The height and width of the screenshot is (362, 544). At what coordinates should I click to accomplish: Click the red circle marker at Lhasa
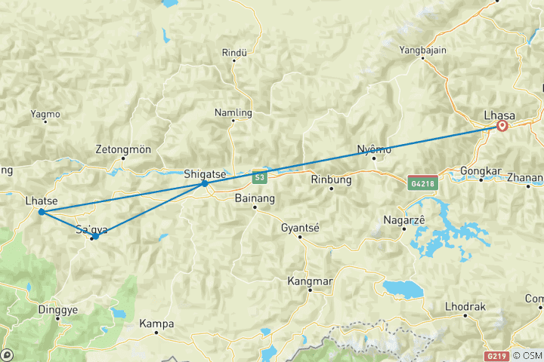pos(502,127)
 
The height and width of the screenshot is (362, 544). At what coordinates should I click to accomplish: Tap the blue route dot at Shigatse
pos(205,183)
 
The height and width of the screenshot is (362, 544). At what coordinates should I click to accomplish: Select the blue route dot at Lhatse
pos(41,212)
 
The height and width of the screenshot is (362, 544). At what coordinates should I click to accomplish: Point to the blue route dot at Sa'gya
pos(95,237)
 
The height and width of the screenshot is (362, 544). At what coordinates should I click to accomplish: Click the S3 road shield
pos(260,177)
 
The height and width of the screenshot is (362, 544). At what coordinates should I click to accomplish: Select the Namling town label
pos(233,113)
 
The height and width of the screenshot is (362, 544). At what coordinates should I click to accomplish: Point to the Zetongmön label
pos(124,149)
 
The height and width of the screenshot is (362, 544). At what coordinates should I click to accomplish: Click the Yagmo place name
pos(45,115)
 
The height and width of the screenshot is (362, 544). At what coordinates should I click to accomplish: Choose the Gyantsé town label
pos(300,227)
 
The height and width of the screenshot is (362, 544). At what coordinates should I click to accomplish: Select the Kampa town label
pos(157,324)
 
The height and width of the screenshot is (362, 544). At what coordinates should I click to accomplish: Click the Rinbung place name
pos(331,179)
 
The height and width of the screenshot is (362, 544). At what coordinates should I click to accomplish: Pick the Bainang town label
pos(255,198)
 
